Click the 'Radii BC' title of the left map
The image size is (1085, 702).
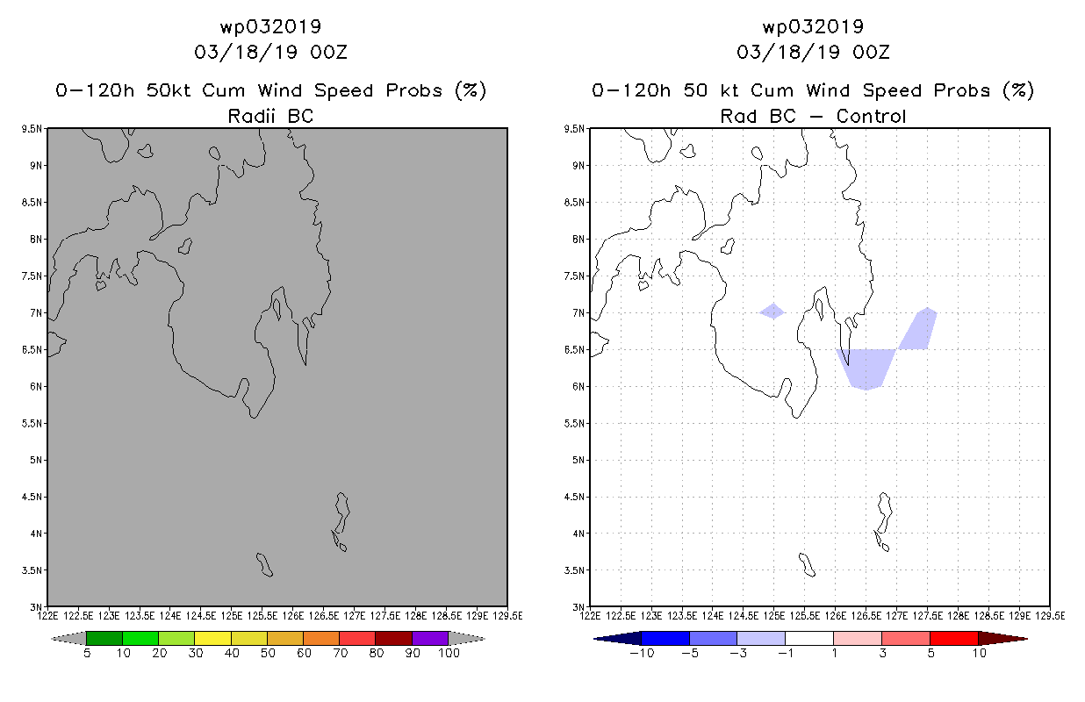tap(270, 116)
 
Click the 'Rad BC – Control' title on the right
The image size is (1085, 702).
tap(813, 116)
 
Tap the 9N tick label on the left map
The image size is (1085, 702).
tap(36, 166)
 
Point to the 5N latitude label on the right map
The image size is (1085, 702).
tap(578, 460)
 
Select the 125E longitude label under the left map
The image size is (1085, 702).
tap(232, 616)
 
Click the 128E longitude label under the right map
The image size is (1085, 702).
tap(958, 616)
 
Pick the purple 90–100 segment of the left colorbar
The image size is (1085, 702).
tap(430, 638)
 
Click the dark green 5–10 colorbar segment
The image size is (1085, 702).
tap(104, 638)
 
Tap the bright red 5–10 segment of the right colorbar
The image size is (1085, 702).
tap(954, 638)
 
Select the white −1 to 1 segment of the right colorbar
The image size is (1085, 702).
tap(809, 638)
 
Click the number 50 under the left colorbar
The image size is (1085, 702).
tap(268, 653)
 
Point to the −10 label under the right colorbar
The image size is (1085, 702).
tap(642, 653)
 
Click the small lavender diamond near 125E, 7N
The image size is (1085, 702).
tap(773, 312)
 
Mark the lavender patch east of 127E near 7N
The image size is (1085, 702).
tap(919, 329)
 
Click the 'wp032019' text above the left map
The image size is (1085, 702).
tap(270, 26)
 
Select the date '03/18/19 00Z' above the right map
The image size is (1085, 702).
tap(813, 52)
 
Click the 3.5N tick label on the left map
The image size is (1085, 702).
tap(32, 570)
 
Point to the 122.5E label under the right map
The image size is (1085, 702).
tap(621, 616)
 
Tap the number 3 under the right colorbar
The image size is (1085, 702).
tap(882, 653)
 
